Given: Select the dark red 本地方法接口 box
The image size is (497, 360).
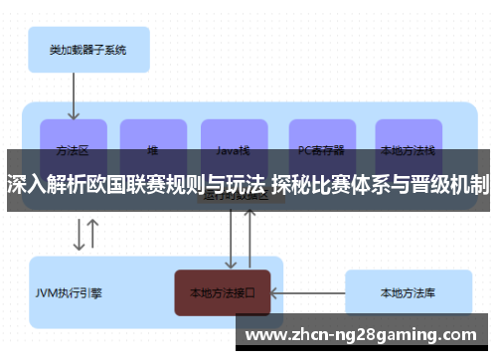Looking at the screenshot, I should [x=223, y=292].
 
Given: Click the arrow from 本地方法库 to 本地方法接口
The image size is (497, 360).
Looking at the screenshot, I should [x=308, y=292].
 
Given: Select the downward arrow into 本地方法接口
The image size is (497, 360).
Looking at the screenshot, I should [x=232, y=239].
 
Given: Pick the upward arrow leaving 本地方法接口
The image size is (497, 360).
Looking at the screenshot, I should [x=250, y=239].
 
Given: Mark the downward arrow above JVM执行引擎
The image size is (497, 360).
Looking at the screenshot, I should [x=78, y=236].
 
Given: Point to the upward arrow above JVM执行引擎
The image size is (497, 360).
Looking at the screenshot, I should [x=93, y=236].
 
